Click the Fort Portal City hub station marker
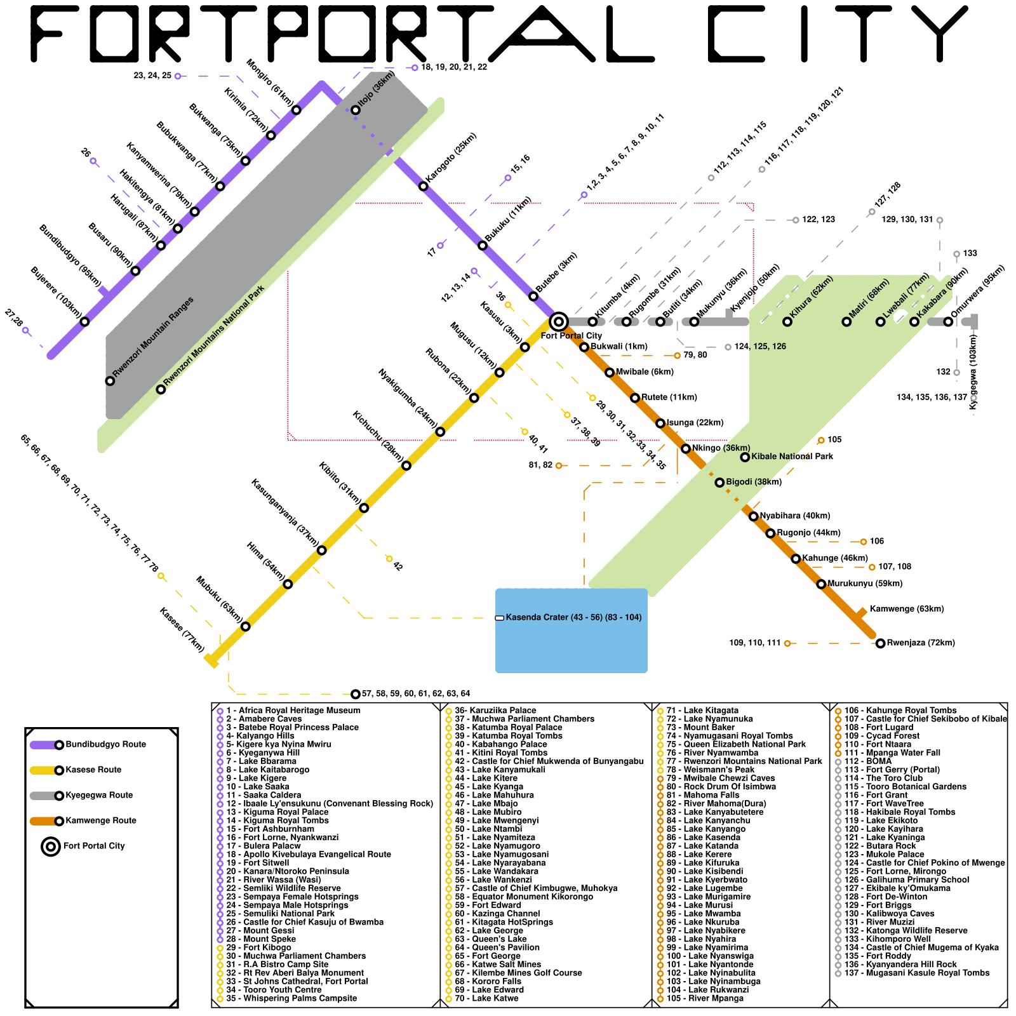pos(558,322)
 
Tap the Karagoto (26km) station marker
pos(424,186)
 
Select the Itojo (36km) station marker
pos(356,110)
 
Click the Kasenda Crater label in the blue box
pos(573,617)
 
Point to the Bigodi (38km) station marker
pos(719,483)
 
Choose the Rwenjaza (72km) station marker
pos(880,643)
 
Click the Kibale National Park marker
pos(745,457)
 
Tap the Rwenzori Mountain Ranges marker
pos(110,381)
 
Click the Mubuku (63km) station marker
pos(246,627)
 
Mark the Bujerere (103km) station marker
pos(84,322)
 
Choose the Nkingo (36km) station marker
pos(686,448)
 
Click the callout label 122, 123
pos(818,220)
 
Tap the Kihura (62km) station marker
pos(787,322)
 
